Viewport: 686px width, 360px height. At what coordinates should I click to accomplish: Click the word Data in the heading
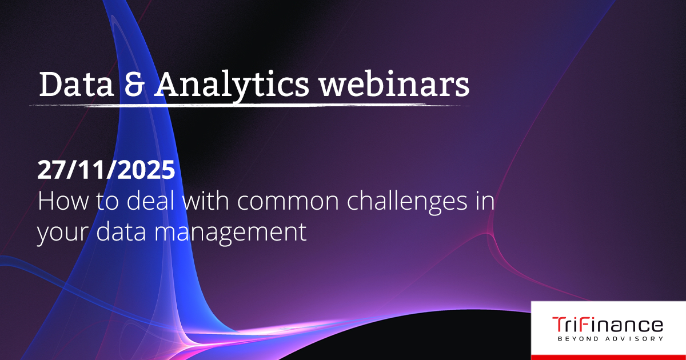pos(76,85)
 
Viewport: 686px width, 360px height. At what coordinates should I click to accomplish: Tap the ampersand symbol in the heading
pos(134,85)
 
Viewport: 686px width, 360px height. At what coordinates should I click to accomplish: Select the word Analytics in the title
pos(232,87)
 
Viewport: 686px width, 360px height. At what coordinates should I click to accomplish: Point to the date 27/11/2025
pos(106,170)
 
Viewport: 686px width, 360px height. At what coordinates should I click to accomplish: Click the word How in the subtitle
pos(63,201)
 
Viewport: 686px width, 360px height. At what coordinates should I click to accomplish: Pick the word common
pos(288,203)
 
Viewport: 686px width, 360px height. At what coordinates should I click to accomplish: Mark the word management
pos(230,234)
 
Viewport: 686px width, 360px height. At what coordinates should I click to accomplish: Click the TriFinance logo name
pos(608,325)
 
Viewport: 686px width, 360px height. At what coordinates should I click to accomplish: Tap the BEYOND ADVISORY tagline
pos(611,339)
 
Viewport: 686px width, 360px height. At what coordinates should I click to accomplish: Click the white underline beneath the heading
pos(250,105)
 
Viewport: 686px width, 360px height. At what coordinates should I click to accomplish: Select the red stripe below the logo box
pos(608,358)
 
